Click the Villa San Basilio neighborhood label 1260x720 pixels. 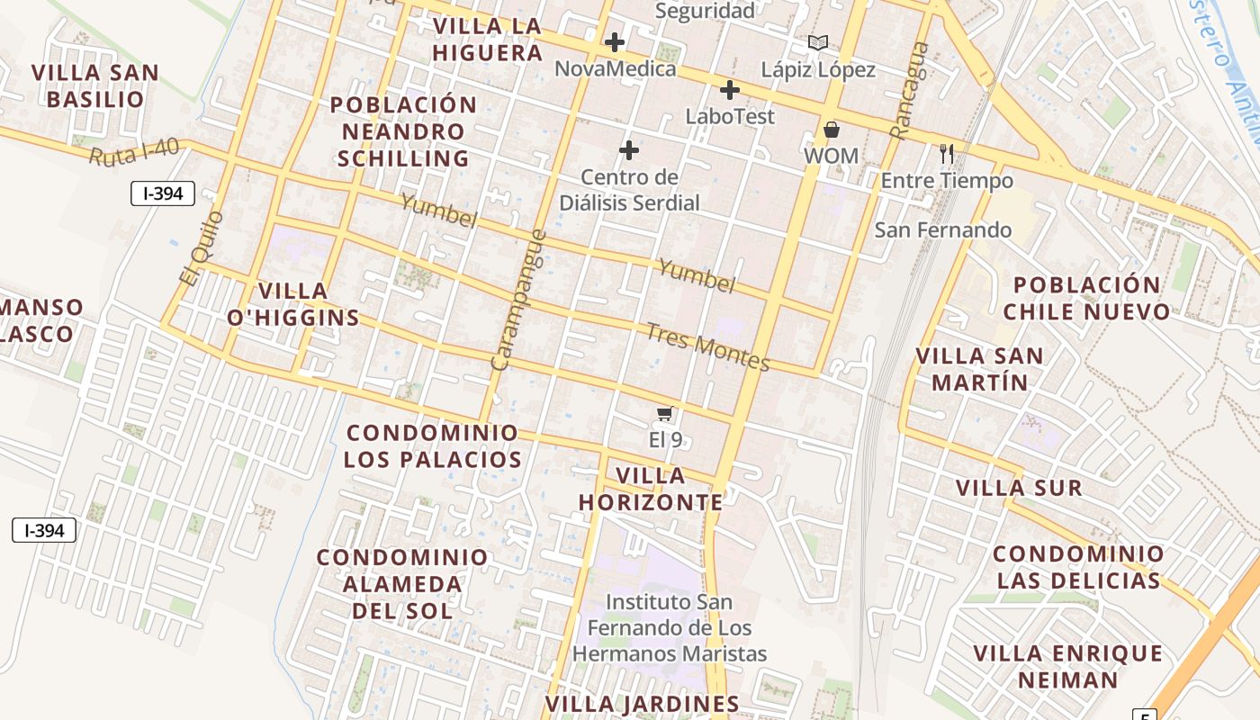[95, 85]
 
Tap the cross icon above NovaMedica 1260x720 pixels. [615, 42]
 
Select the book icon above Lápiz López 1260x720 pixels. [817, 42]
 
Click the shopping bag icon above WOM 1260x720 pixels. [831, 130]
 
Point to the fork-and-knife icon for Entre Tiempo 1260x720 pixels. [946, 154]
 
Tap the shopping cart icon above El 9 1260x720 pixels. [664, 413]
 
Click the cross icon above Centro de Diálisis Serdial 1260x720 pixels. [629, 149]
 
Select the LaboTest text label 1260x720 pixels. [729, 116]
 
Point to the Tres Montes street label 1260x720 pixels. [708, 346]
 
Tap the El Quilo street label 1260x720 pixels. [200, 248]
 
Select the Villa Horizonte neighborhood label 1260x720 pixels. [651, 489]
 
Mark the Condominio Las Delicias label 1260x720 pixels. [1078, 567]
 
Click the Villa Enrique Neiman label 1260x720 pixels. [1067, 666]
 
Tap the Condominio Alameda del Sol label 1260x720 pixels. [401, 583]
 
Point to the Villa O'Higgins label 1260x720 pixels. [293, 304]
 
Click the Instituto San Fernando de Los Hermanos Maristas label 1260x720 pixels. [669, 627]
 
